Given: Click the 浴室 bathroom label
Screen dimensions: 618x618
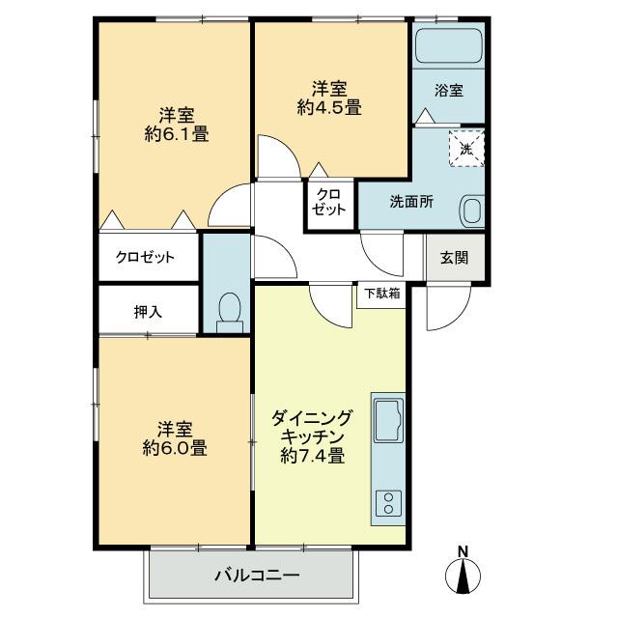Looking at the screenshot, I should pyautogui.click(x=448, y=91).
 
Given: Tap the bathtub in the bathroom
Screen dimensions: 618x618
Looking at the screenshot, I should pyautogui.click(x=447, y=46).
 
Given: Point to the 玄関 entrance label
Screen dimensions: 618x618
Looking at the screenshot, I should pyautogui.click(x=455, y=258).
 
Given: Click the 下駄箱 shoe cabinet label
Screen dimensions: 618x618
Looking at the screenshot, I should pyautogui.click(x=381, y=293).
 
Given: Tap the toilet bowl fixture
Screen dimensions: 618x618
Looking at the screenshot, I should pyautogui.click(x=230, y=312).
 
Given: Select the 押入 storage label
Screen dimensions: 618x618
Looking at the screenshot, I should pyautogui.click(x=148, y=312).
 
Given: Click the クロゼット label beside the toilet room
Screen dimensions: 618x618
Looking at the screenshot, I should pyautogui.click(x=145, y=258).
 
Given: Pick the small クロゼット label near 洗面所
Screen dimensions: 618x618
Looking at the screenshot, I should pyautogui.click(x=330, y=202).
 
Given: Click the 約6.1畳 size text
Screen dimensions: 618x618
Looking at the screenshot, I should pyautogui.click(x=177, y=134).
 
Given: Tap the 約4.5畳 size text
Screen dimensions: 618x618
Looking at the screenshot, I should pyautogui.click(x=329, y=107).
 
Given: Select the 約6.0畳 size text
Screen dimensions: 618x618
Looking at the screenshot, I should pyautogui.click(x=175, y=448).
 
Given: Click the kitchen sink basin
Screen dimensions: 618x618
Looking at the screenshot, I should pyautogui.click(x=388, y=422).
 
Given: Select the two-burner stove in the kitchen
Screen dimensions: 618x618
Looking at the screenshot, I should pyautogui.click(x=389, y=502).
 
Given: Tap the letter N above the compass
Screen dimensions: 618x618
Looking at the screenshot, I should pyautogui.click(x=463, y=552).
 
